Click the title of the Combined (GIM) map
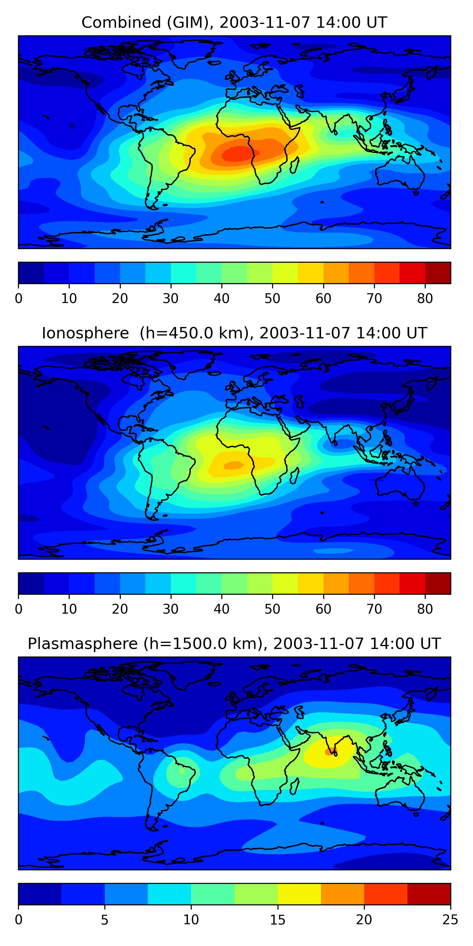click(234, 23)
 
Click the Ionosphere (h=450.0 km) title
click(234, 333)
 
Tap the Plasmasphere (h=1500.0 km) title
click(234, 644)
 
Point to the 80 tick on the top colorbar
click(425, 299)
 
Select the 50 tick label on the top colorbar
click(272, 299)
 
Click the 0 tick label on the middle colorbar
click(19, 609)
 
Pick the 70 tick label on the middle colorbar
click(374, 609)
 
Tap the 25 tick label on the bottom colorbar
click(450, 920)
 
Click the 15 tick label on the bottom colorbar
click(277, 920)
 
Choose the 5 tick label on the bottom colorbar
click(105, 920)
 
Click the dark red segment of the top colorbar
click(438, 273)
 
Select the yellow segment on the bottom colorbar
click(299, 894)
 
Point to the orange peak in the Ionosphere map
click(234, 465)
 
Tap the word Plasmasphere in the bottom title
click(83, 644)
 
